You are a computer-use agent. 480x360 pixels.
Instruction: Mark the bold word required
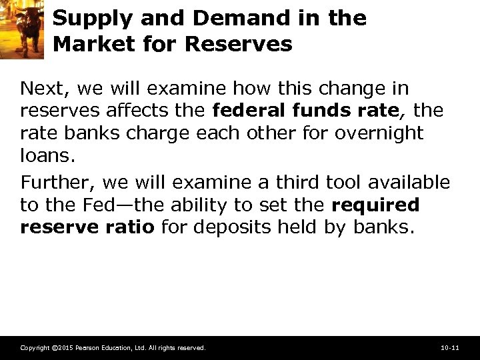tap(375, 205)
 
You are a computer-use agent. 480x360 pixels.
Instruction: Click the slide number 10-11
tap(450, 348)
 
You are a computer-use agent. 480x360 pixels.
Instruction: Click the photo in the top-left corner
tap(21, 30)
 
